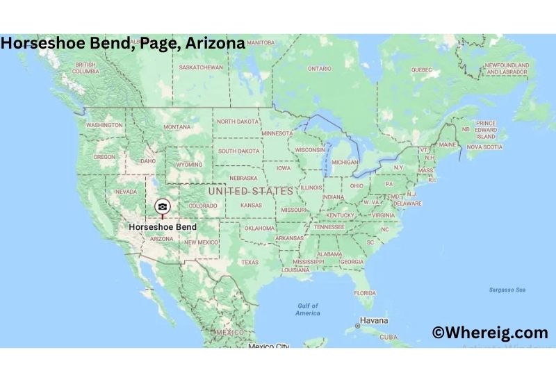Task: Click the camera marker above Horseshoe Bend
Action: (162, 206)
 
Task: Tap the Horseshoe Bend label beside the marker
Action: (163, 227)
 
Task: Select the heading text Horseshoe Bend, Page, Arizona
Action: (123, 43)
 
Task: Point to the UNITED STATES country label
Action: (251, 191)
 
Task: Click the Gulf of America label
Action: (308, 309)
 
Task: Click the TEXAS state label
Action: (250, 263)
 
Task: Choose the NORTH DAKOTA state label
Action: (238, 122)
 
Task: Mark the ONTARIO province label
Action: (319, 69)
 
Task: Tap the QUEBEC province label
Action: (421, 69)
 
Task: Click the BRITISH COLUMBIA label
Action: (85, 67)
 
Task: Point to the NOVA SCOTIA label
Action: (484, 147)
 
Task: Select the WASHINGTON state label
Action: (104, 125)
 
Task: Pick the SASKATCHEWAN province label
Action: (201, 67)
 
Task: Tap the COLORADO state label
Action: (203, 206)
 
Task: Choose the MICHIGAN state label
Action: (345, 162)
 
